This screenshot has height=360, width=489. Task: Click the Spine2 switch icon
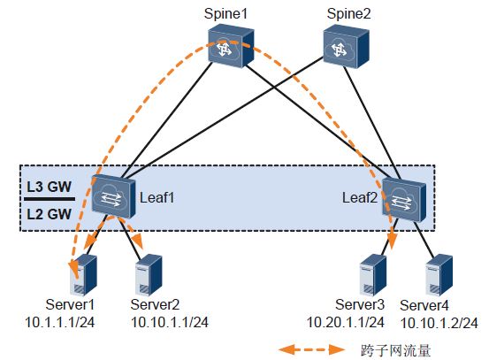point(346,46)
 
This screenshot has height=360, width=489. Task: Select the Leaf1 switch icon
point(113,196)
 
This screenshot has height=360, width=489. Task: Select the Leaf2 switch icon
point(404,199)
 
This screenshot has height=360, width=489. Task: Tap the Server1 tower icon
point(84,274)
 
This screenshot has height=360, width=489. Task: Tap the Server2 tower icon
point(149,274)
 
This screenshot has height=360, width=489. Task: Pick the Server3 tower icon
point(373,274)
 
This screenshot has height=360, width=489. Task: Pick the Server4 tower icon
point(439,274)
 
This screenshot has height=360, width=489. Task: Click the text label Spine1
point(225,14)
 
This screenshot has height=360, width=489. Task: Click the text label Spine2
point(348,14)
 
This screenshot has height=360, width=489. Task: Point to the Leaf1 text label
point(157,198)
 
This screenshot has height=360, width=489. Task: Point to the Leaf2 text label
point(360,198)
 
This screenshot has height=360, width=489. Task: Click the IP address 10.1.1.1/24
point(59,322)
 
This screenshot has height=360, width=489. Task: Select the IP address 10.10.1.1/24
point(170,322)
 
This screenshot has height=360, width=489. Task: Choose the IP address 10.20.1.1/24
point(346,322)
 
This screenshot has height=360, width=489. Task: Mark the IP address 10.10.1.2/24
point(439,323)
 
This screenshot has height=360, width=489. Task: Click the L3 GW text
point(49,187)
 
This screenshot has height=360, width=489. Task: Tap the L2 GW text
point(49,214)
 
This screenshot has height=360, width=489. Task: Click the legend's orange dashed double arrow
point(311,349)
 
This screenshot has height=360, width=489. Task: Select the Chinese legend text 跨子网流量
point(396,350)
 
